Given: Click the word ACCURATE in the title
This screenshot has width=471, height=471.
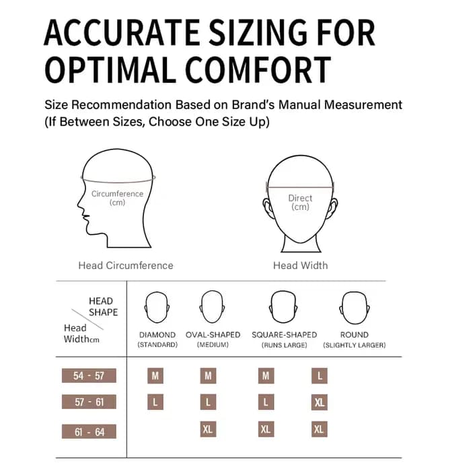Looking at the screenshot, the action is (x=122, y=32).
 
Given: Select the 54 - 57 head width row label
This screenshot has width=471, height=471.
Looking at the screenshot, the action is (x=89, y=375).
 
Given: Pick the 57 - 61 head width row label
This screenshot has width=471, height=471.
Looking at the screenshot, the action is (x=89, y=402).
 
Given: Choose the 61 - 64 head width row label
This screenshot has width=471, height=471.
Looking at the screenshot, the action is (x=89, y=432).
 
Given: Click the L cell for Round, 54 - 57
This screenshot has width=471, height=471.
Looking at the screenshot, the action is (x=320, y=375).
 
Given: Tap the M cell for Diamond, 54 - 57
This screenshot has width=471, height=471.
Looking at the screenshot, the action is (x=155, y=375).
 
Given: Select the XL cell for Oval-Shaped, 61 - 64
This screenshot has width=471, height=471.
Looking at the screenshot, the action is (x=208, y=429).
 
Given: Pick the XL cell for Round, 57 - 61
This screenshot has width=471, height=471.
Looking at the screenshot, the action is (x=320, y=402).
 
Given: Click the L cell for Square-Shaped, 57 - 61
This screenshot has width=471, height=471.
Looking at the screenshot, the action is (x=266, y=402).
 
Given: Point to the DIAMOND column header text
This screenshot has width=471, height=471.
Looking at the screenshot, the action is (x=157, y=334).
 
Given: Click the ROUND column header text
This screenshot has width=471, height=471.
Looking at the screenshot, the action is (x=355, y=334).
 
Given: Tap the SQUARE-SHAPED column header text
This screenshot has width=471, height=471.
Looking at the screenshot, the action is (x=284, y=334).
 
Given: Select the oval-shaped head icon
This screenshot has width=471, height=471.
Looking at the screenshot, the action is (x=212, y=307).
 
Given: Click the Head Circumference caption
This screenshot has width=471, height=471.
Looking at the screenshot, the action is (x=126, y=266).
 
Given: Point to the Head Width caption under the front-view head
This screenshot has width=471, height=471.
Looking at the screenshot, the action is (x=300, y=266).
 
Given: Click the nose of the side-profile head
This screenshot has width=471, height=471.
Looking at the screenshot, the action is (x=79, y=206).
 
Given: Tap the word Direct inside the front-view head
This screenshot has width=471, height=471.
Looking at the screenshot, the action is (x=300, y=198).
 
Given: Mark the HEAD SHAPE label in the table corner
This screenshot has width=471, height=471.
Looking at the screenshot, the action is (x=103, y=306).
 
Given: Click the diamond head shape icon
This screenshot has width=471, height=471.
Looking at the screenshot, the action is (x=157, y=307).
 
